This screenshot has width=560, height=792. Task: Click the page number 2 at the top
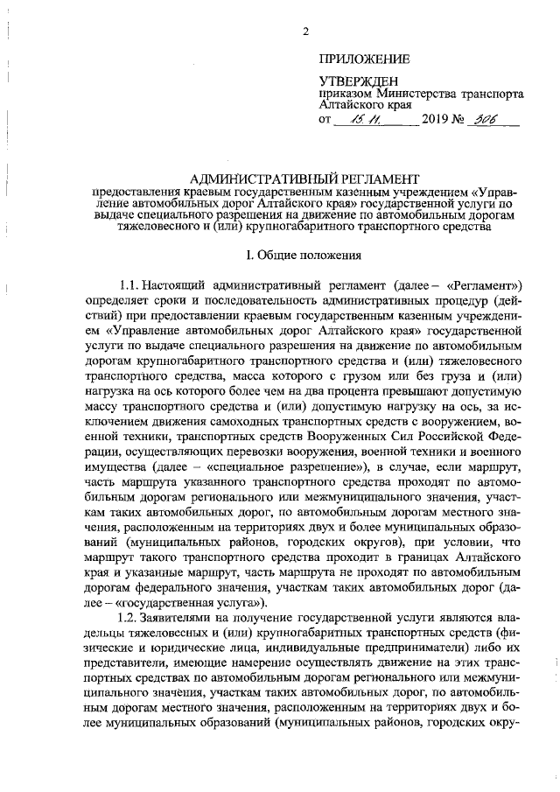point(305,33)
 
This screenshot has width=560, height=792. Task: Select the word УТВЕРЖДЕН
point(358,81)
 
